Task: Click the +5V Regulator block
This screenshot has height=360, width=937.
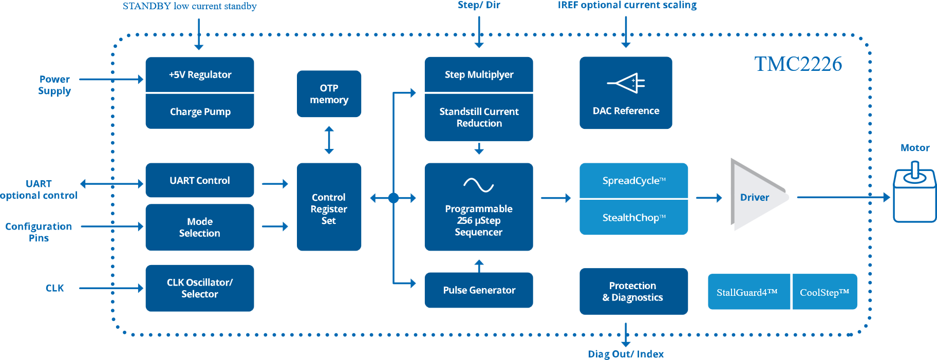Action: pos(200,74)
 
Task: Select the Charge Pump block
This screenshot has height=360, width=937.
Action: pos(200,111)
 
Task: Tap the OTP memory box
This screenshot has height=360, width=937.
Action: pos(329,94)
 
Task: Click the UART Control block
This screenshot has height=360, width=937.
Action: pos(200,180)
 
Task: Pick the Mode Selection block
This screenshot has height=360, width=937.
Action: pos(200,227)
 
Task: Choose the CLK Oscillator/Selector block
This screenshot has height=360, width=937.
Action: pos(200,288)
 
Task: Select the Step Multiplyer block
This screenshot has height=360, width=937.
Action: pos(479,74)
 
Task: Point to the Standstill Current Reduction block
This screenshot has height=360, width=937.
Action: pos(479,117)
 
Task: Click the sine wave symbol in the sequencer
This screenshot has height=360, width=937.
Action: pos(478,185)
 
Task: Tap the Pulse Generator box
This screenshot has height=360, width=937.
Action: pos(479,290)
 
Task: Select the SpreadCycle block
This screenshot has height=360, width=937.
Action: pos(633,181)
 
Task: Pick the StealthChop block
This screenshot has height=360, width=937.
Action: pos(633,218)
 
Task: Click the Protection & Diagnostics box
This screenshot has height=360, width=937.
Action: pos(633,291)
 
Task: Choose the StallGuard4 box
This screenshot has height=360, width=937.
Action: pos(748,292)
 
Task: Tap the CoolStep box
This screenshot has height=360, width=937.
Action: pos(824,292)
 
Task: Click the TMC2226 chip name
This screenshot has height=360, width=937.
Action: pos(798,64)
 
